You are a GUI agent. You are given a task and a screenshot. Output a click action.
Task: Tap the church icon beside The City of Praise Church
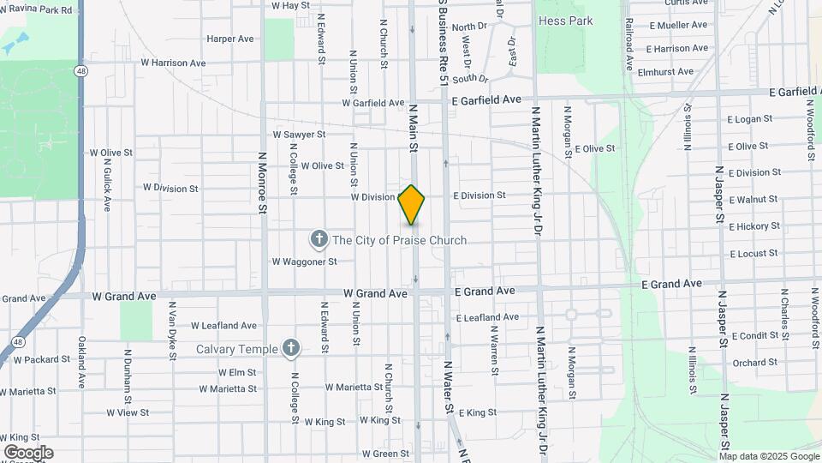click(319, 239)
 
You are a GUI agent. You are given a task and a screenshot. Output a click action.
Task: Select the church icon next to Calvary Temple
click(291, 347)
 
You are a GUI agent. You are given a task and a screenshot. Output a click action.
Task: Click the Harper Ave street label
click(230, 39)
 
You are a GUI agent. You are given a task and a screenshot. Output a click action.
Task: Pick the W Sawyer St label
click(299, 135)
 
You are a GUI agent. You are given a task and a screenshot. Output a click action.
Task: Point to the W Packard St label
click(40, 359)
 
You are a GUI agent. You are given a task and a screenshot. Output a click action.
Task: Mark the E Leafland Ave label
click(487, 317)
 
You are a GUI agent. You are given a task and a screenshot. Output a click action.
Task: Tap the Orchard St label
click(754, 363)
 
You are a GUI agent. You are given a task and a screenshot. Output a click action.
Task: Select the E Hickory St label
click(754, 226)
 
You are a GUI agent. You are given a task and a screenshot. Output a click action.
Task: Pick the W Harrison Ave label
click(173, 63)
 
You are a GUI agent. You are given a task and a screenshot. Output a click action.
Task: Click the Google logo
click(28, 453)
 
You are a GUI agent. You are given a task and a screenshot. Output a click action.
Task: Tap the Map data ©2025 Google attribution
click(768, 456)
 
